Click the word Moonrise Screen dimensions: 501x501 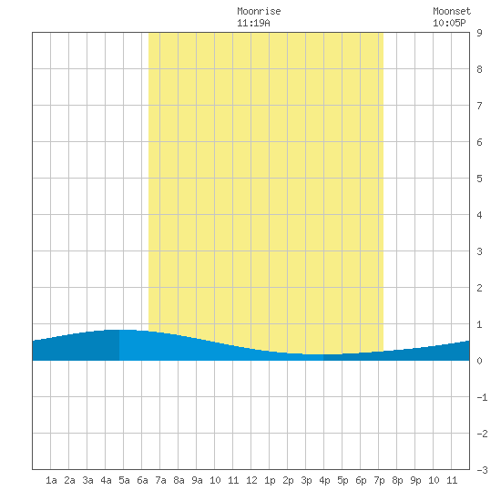tap(259, 11)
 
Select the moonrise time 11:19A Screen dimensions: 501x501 tap(253, 23)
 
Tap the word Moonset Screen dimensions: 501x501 tap(452, 11)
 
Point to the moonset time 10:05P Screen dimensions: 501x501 tap(449, 23)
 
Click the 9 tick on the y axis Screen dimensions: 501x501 tap(479, 33)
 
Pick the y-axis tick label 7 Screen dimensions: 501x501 tap(479, 106)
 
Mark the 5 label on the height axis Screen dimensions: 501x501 tap(479, 179)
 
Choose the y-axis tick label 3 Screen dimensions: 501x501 tap(479, 251)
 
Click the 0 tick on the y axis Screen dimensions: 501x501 tap(479, 361)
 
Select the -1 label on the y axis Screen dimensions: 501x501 tap(482, 397)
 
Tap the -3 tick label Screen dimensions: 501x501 tap(482, 470)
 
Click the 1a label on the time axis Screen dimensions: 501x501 tap(51, 480)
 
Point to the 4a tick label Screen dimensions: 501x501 tap(106, 480)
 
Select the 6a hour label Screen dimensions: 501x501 tap(142, 480)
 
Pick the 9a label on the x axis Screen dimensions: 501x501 tap(197, 480)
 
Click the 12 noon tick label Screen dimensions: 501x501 tap(251, 480)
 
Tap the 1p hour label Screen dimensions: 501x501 tap(270, 480)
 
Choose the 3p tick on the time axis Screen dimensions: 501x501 tap(306, 480)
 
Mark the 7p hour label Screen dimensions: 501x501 tap(379, 480)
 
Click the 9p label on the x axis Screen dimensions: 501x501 tap(415, 480)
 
